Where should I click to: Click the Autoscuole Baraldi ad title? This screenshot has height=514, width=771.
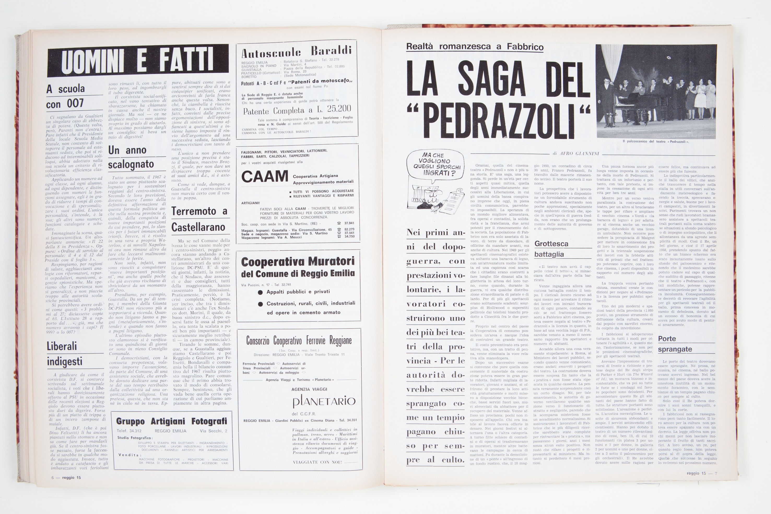pyautogui.click(x=296, y=52)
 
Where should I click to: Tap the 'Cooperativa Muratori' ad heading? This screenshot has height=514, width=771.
pyautogui.click(x=298, y=262)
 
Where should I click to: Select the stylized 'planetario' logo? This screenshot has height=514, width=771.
pyautogui.click(x=324, y=401)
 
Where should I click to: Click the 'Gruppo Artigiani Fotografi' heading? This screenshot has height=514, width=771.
pyautogui.click(x=172, y=421)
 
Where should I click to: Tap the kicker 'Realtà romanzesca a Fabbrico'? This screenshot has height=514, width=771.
pyautogui.click(x=475, y=46)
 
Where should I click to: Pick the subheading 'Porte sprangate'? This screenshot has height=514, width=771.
pyautogui.click(x=675, y=344)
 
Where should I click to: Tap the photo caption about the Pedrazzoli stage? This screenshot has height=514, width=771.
pyautogui.click(x=656, y=141)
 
